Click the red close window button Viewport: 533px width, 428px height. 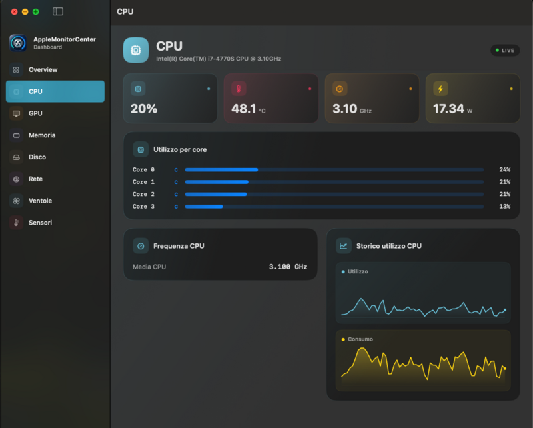(x=14, y=12)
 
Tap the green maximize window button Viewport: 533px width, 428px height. (x=36, y=12)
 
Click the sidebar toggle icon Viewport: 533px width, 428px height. (x=58, y=11)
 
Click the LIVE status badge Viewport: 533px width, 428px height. (x=505, y=51)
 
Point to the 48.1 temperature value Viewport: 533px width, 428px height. (x=243, y=109)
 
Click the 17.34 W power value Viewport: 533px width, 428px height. (x=452, y=109)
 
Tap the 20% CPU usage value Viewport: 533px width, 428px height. (x=144, y=109)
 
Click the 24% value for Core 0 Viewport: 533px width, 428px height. (x=505, y=169)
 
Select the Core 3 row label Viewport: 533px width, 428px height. (x=143, y=207)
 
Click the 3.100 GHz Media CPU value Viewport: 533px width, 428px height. (x=288, y=267)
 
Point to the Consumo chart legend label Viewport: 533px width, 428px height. (x=360, y=339)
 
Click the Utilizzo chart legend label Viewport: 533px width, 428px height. (x=358, y=271)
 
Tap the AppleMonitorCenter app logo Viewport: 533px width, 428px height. (x=18, y=43)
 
